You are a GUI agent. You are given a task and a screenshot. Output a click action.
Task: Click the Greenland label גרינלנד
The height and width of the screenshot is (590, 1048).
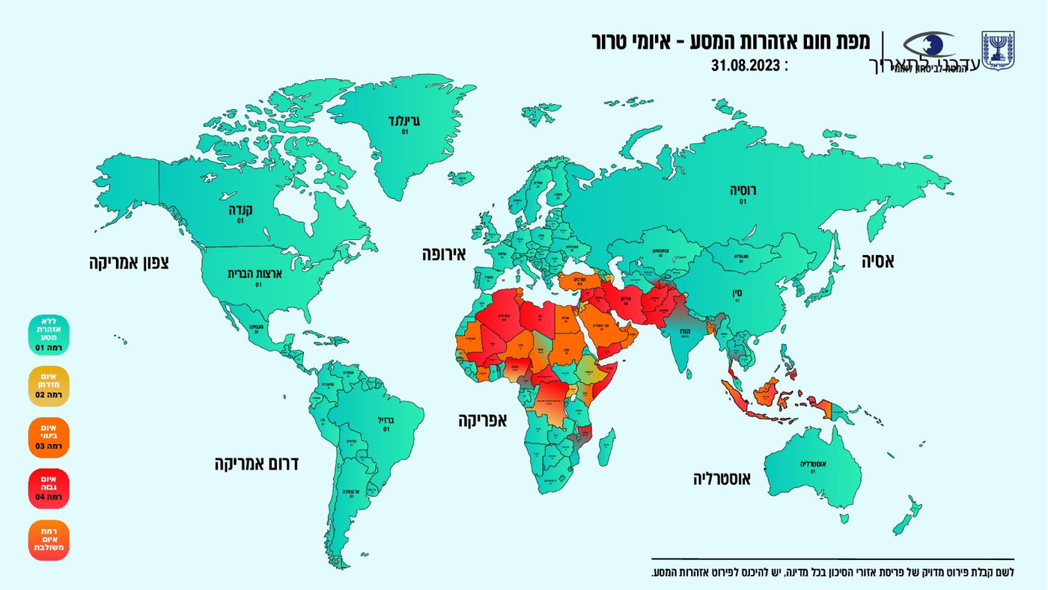click(405, 120)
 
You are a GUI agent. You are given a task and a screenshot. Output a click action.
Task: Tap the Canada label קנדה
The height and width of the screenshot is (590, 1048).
click(240, 211)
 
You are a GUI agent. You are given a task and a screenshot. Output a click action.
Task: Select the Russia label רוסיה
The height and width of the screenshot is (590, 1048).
click(743, 191)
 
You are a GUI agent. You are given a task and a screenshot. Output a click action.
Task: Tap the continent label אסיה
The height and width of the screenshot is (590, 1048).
click(877, 261)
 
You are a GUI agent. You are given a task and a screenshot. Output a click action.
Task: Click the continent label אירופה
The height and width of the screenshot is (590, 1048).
click(443, 254)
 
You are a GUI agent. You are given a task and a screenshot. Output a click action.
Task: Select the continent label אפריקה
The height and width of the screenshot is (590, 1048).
click(482, 420)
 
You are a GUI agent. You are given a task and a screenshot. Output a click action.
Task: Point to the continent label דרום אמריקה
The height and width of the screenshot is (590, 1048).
click(257, 464)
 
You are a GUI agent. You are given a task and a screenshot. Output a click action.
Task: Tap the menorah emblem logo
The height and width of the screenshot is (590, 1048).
click(998, 52)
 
